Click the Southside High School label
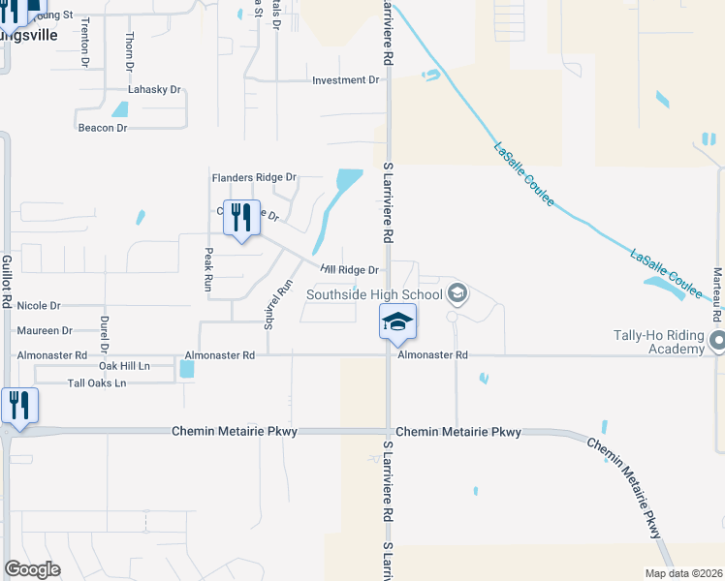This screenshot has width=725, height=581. (x=374, y=294)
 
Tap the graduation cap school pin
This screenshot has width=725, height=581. (x=397, y=321)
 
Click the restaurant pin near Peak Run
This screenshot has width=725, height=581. (x=242, y=217)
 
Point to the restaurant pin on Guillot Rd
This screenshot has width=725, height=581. (x=18, y=406)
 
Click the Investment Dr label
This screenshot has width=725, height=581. (x=345, y=80)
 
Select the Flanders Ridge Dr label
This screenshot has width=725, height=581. (x=254, y=178)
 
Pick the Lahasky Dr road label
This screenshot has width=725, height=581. (x=155, y=89)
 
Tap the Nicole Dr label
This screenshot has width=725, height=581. (x=39, y=305)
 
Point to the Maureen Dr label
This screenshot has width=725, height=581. (x=45, y=330)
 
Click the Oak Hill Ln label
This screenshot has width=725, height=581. (x=124, y=366)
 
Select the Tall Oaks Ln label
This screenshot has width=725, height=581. (x=97, y=383)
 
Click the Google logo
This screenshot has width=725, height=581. (x=32, y=569)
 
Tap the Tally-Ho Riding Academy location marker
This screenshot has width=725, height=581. (x=717, y=341)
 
